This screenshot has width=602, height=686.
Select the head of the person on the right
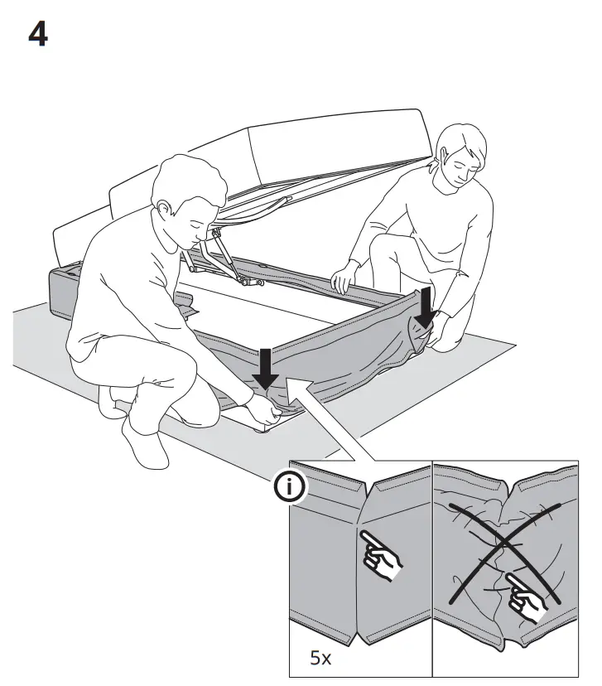pyautogui.click(x=460, y=157)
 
